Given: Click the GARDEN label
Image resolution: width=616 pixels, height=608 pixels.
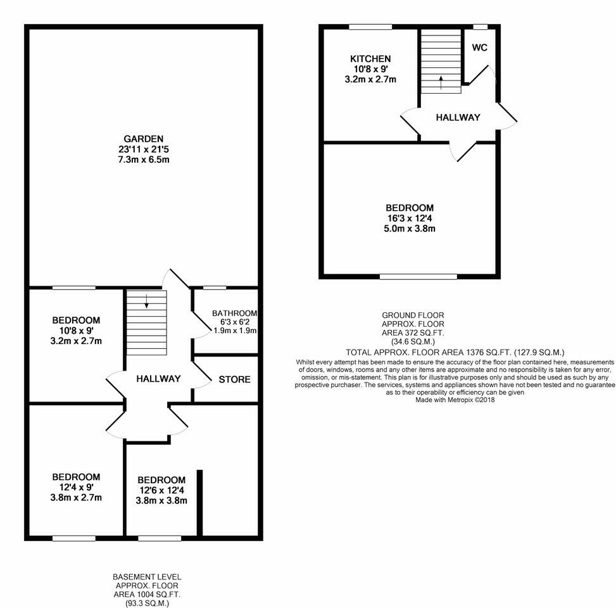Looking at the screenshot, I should (x=144, y=139).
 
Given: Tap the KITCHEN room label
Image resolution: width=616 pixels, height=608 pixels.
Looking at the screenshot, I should (x=370, y=59).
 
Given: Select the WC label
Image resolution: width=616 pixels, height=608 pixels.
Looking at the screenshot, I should (x=479, y=48).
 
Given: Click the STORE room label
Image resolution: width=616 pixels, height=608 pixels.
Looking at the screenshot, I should (x=234, y=380).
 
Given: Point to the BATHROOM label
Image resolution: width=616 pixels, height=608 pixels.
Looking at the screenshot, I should (x=234, y=313).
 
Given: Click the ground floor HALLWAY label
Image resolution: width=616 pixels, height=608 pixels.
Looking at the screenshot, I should (x=457, y=117).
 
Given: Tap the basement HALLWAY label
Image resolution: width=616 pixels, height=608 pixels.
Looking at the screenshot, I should (x=158, y=379).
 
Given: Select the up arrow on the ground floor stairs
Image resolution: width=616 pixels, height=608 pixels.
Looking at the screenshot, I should (x=441, y=81).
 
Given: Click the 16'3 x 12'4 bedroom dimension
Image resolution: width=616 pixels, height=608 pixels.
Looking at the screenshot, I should (x=410, y=218).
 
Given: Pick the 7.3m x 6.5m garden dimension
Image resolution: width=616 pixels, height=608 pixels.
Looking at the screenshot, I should (x=144, y=160).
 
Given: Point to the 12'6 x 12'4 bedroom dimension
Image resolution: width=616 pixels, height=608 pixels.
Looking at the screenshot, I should (x=161, y=490).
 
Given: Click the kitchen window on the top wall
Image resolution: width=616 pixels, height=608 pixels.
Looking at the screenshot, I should (x=370, y=27).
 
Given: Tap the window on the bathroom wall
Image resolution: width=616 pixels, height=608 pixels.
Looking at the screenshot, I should (x=215, y=288).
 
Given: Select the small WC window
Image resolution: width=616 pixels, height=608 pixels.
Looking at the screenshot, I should (x=481, y=27).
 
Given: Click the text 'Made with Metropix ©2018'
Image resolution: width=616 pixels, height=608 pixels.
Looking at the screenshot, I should (x=455, y=400).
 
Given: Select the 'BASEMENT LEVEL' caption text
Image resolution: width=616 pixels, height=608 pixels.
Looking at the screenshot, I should (x=147, y=577).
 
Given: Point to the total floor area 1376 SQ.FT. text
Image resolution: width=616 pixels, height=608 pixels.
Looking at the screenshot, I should (x=455, y=352).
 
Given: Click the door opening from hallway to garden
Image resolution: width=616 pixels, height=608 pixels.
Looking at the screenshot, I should (x=176, y=279).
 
